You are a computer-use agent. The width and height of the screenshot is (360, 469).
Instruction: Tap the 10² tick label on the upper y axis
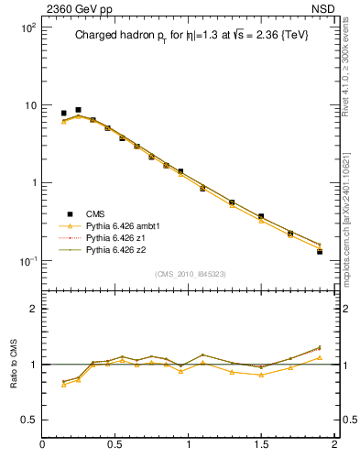tap(27, 28)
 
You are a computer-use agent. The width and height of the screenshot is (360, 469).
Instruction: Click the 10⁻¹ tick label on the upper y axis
tap(27, 261)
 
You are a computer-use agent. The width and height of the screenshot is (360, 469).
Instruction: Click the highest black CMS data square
tap(78, 110)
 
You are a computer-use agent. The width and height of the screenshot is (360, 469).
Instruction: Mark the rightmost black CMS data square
tap(320, 251)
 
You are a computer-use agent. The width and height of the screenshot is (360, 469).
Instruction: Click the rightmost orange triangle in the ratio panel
tap(320, 357)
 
